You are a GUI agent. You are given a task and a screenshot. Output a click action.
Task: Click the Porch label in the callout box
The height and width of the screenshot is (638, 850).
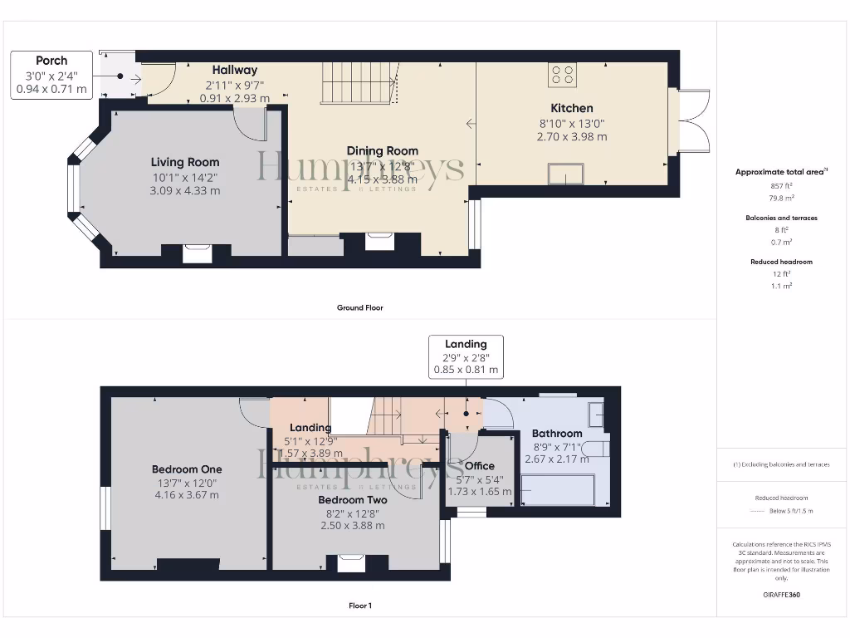51,61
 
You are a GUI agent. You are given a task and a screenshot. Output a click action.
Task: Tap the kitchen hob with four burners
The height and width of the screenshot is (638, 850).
562,75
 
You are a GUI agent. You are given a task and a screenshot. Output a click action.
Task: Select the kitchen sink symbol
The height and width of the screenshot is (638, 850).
565,174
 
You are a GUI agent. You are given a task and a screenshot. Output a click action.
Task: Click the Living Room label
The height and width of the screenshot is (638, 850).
185,162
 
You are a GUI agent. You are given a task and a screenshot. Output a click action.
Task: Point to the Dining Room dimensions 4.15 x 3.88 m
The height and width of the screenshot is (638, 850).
383,179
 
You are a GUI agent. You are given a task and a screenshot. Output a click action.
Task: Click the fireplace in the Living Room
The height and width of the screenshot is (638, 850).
197,253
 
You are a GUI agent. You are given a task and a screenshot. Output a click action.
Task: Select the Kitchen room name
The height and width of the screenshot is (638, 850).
572,108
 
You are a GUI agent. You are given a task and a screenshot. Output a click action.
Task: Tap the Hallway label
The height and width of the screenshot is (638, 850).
234,70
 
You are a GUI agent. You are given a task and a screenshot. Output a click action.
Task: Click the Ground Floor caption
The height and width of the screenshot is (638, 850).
359,307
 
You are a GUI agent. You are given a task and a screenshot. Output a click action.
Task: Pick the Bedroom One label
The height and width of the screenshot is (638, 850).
187,469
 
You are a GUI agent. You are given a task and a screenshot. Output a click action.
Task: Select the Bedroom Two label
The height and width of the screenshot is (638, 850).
353,500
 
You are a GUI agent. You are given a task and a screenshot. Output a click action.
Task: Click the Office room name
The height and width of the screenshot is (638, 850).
480,466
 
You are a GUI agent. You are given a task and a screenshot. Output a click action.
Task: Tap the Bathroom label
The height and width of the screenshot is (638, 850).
557,433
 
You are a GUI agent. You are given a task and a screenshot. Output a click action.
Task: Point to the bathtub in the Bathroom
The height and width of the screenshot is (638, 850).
558,489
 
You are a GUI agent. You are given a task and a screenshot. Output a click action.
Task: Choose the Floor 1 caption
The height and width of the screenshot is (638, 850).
359,606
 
